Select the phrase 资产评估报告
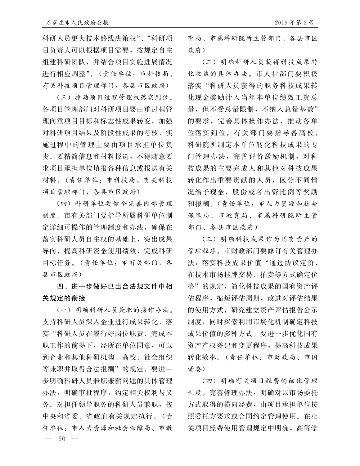coord(276,310)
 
